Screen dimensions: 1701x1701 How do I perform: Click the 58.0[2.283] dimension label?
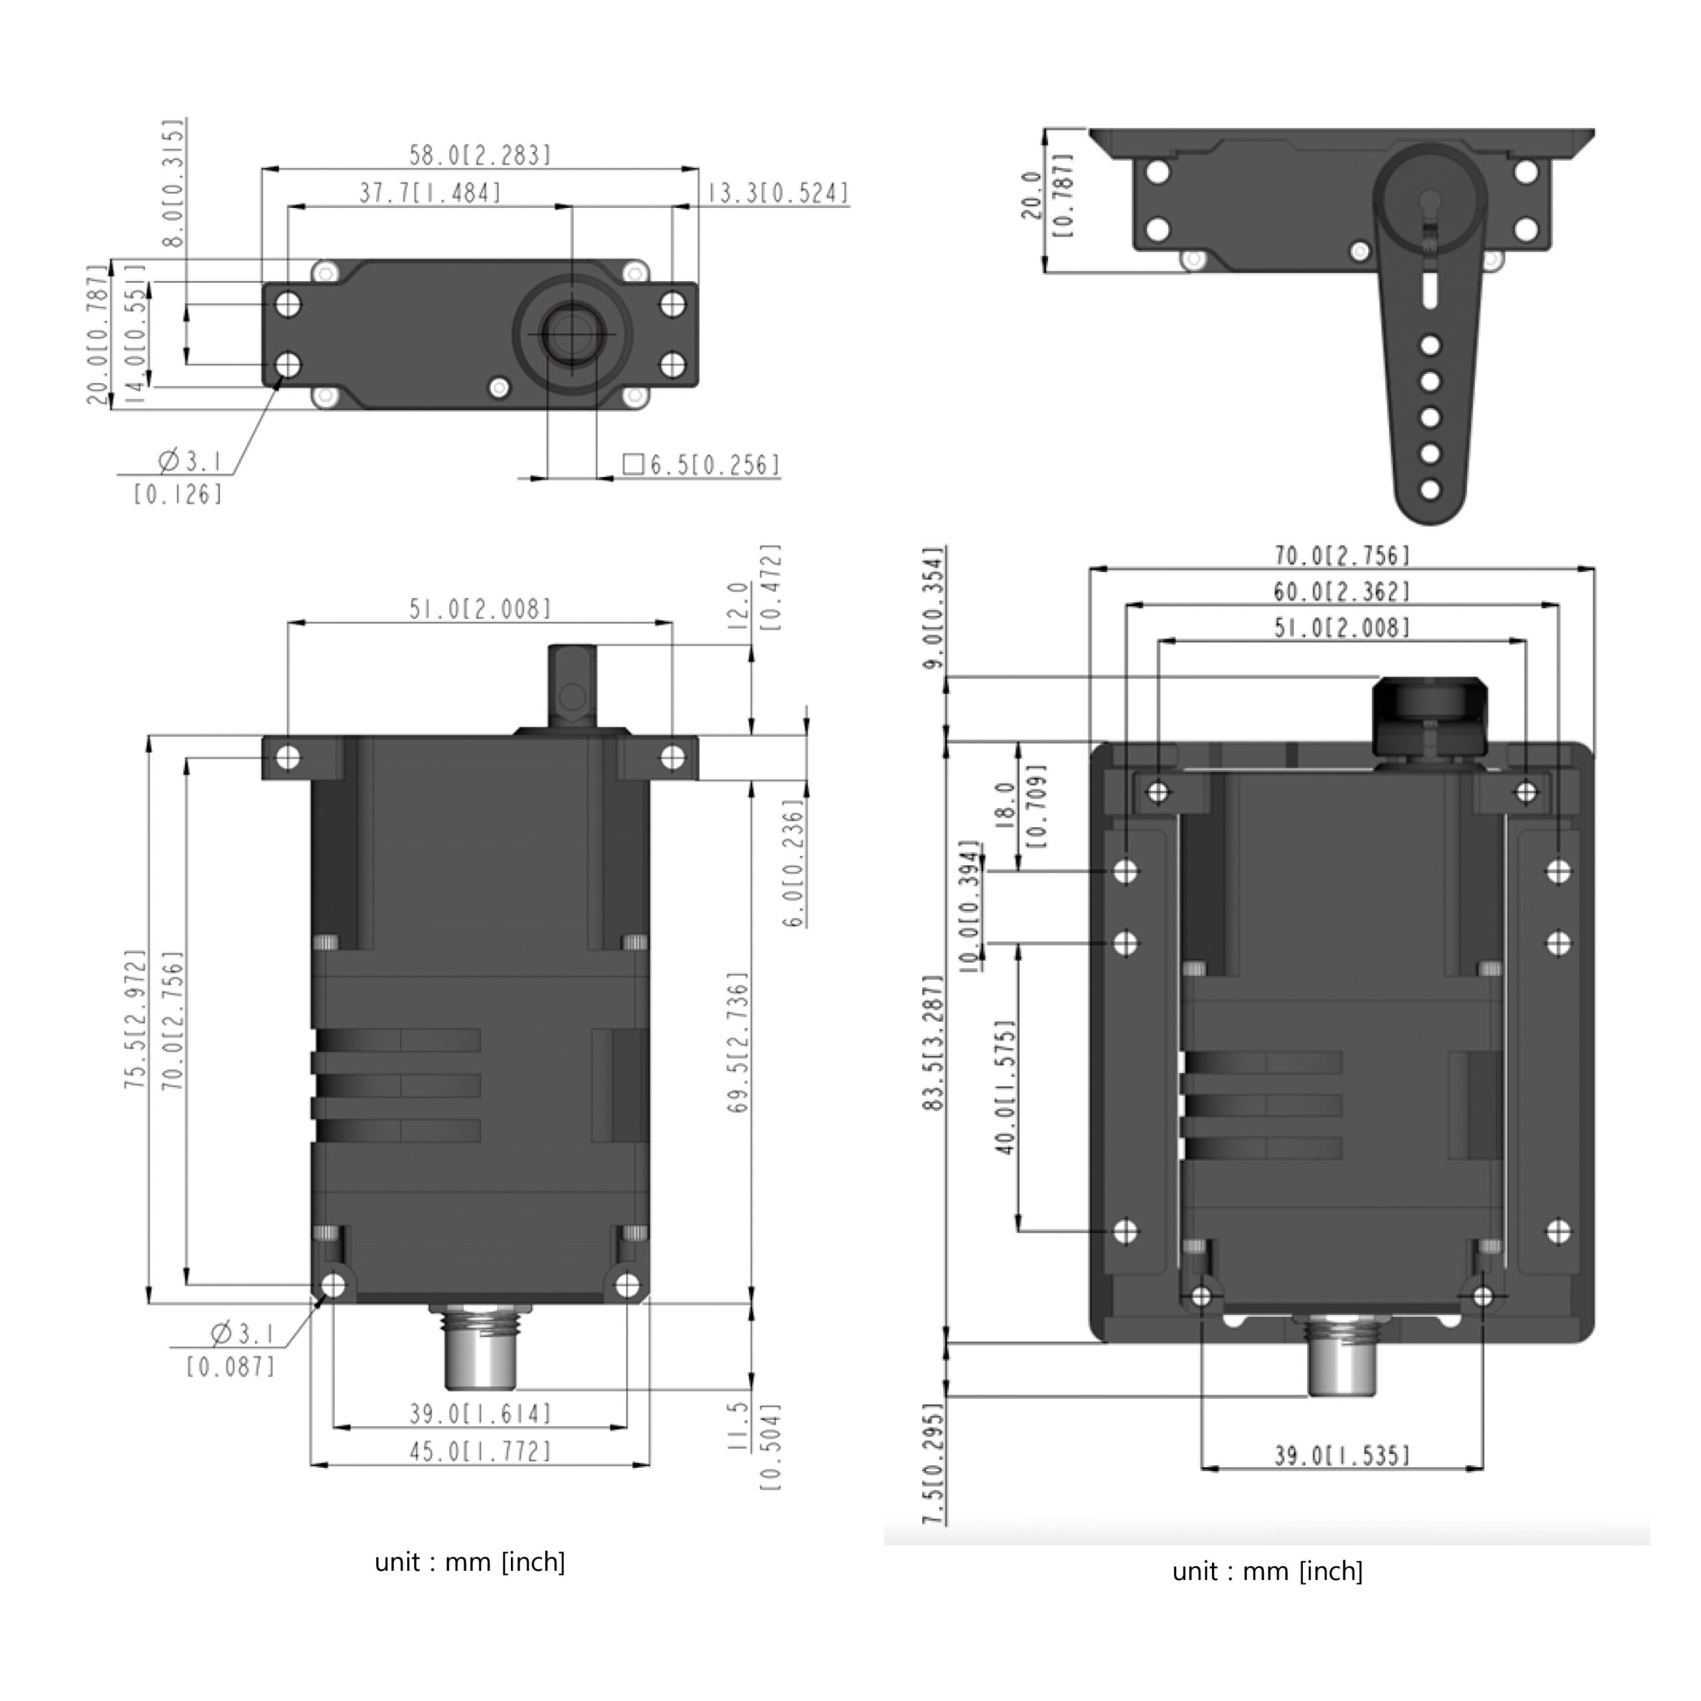coord(480,155)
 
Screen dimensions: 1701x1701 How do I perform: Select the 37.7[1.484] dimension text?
coord(430,193)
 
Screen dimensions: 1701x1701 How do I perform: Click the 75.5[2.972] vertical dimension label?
coord(135,1019)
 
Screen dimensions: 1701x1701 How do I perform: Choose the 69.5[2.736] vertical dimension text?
coord(738,1043)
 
